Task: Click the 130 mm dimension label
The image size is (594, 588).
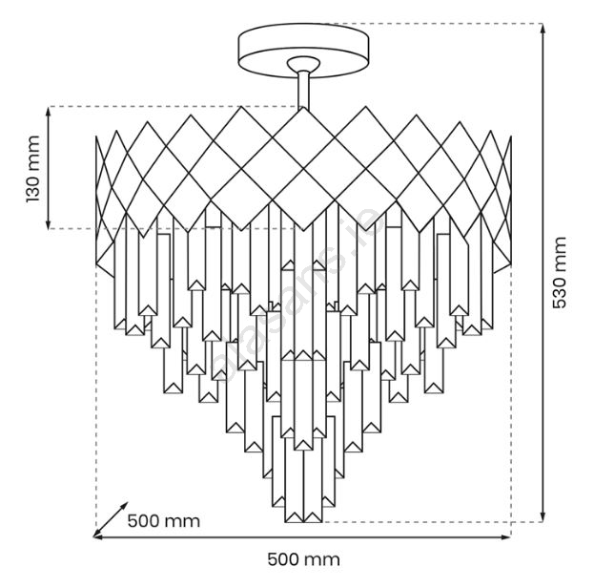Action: [33, 169]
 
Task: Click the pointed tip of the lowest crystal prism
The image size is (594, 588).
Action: [305, 521]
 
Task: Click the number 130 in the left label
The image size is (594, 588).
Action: [33, 183]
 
